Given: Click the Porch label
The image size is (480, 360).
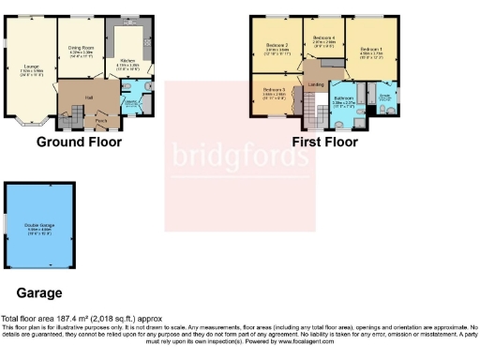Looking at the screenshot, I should pyautogui.click(x=100, y=120).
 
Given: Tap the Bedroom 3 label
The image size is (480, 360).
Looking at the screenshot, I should pyautogui.click(x=275, y=92).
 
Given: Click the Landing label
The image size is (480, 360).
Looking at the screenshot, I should pyautogui.click(x=316, y=85).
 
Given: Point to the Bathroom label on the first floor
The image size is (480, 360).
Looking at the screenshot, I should pyautogui.click(x=343, y=98).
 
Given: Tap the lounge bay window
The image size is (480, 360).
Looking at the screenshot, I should pyautogui.click(x=31, y=120).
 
